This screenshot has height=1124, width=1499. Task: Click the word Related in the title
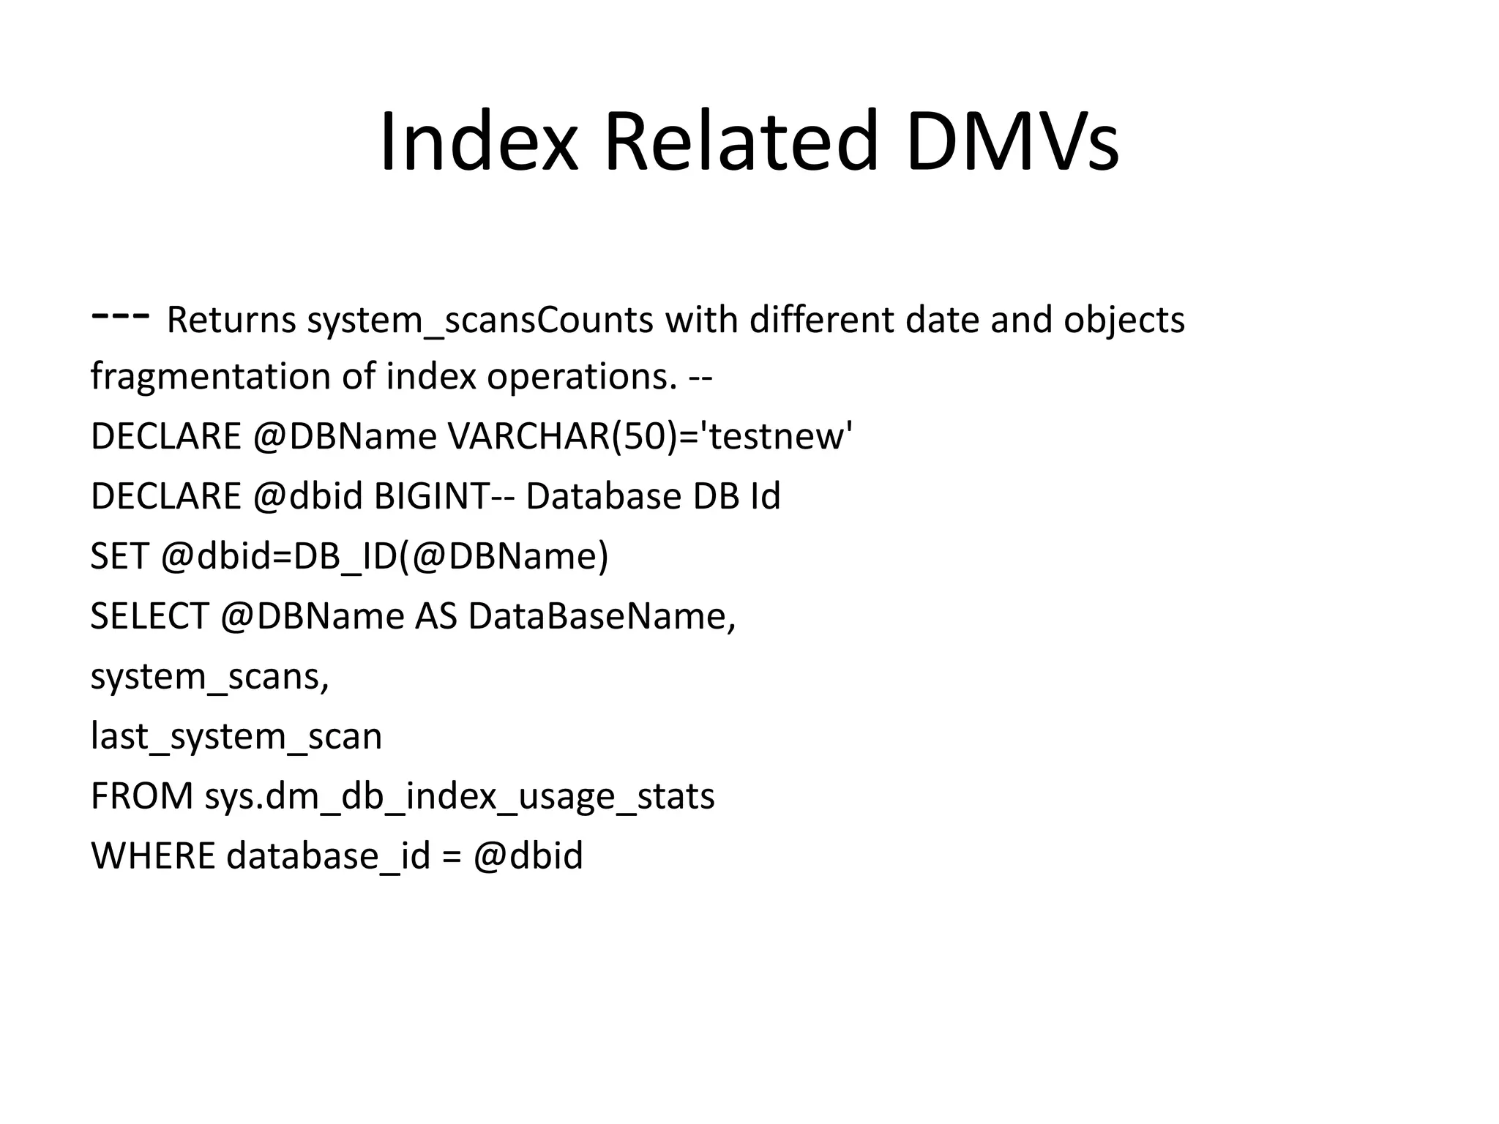pos(741,141)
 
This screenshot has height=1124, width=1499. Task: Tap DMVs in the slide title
pos(1012,141)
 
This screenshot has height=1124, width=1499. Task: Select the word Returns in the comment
pos(231,320)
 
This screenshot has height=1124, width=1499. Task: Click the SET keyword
pos(120,556)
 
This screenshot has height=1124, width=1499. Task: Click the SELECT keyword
pos(149,616)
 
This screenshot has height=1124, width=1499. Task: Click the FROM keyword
pos(141,796)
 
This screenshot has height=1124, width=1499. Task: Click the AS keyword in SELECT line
pos(436,616)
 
